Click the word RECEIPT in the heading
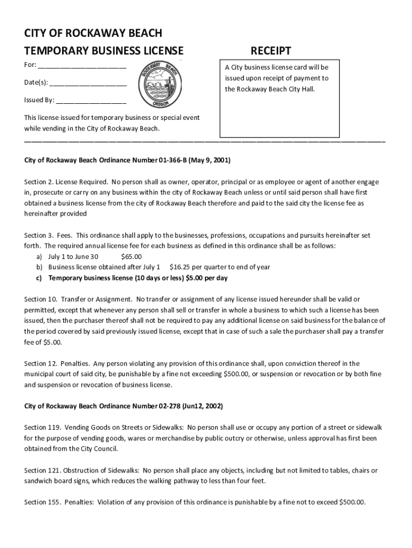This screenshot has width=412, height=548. tap(271, 51)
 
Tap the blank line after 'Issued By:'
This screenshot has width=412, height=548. tap(91, 101)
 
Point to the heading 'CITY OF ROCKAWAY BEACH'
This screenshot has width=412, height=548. tap(93, 33)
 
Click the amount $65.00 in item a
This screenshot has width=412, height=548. tap(132, 256)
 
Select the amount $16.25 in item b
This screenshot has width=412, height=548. tap(179, 267)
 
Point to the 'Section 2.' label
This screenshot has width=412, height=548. tap(39, 181)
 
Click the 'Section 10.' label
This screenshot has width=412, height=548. tap(40, 299)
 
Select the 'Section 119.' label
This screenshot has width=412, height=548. tap(42, 428)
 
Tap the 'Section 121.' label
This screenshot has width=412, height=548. tap(42, 470)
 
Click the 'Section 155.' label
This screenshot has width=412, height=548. tap(42, 503)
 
